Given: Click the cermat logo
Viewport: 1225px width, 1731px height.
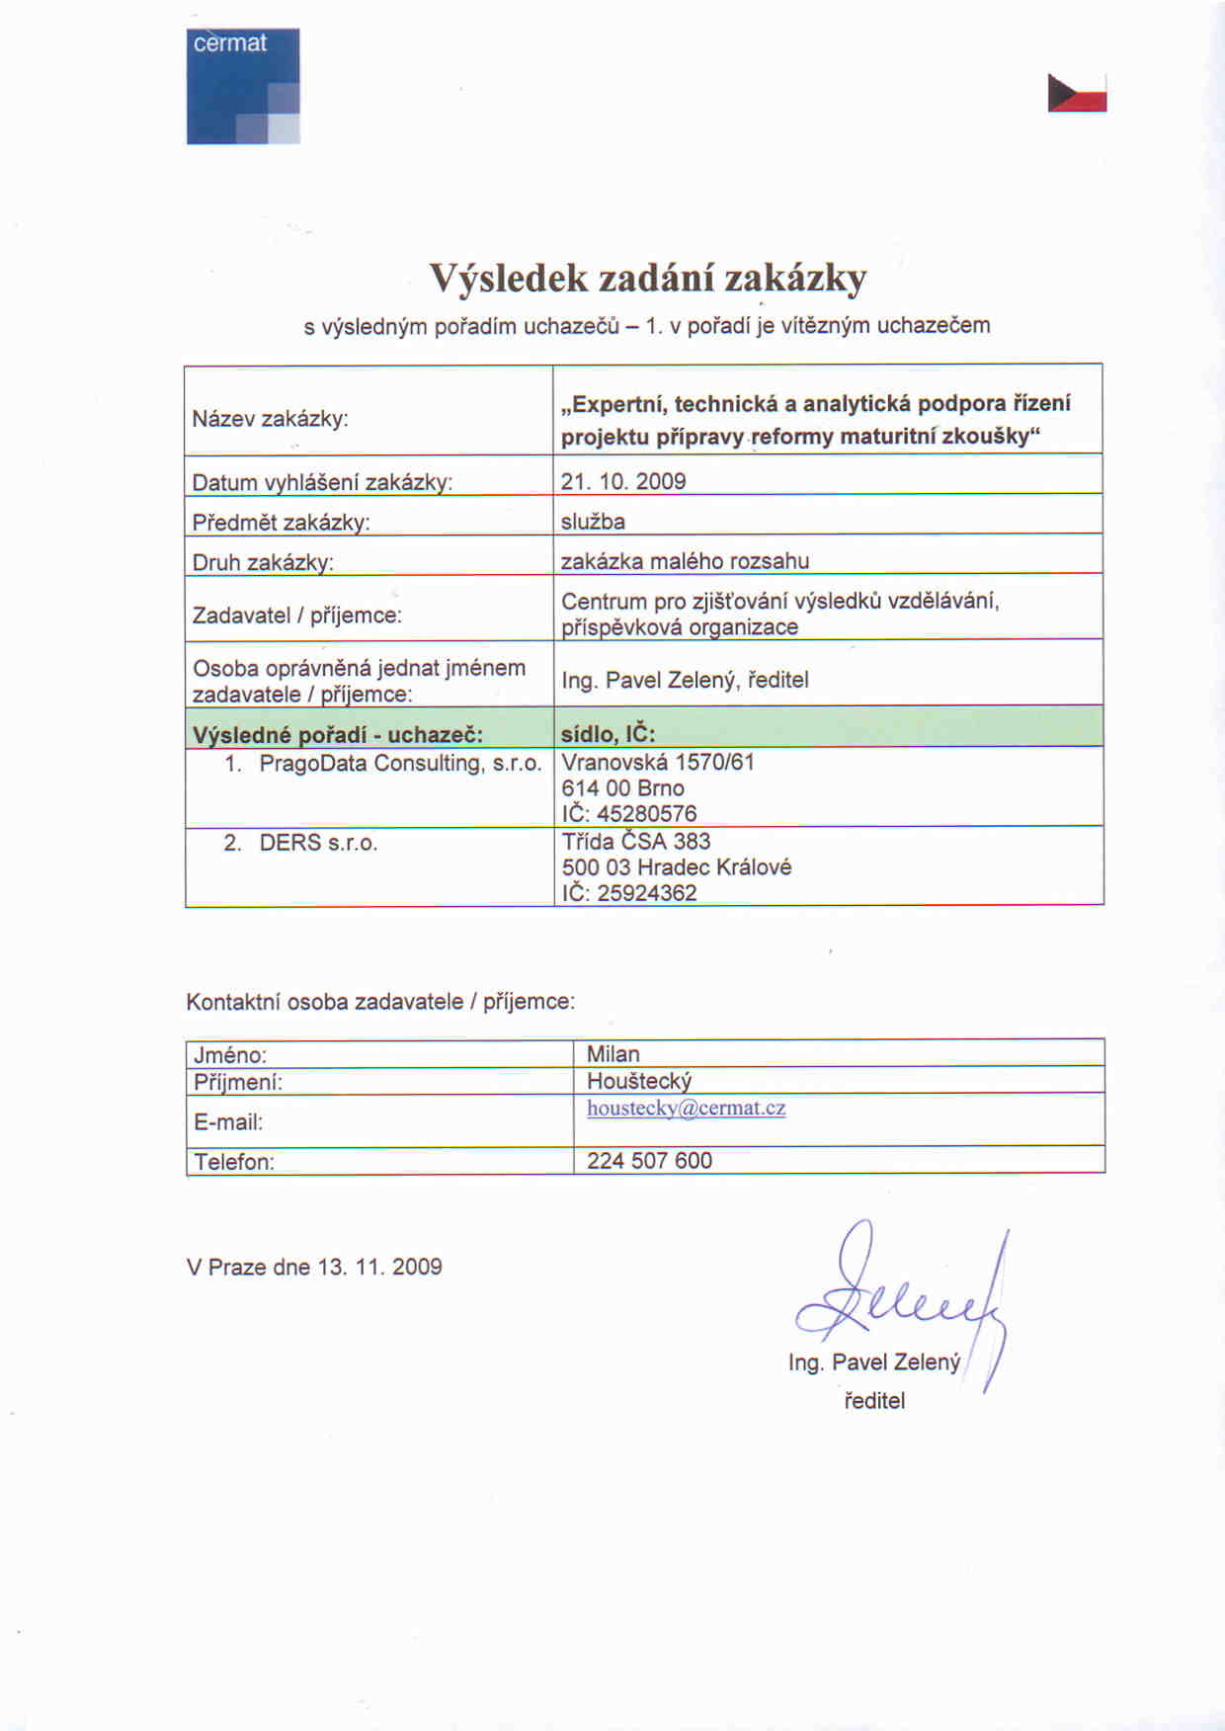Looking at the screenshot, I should click(243, 86).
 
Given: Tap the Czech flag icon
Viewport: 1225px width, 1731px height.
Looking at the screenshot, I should click(1077, 93).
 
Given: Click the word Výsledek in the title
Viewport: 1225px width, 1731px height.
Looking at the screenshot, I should click(508, 279).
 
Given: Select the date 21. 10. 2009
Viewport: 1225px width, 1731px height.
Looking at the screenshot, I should click(623, 481).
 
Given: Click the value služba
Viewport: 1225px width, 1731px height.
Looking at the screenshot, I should click(593, 521).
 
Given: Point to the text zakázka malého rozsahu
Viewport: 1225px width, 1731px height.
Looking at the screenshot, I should click(685, 561).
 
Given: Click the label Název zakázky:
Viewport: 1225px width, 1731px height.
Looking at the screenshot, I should click(270, 418).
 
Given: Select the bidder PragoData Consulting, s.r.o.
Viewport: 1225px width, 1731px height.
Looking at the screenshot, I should click(400, 763).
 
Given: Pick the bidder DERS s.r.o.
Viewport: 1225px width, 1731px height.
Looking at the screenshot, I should click(318, 843).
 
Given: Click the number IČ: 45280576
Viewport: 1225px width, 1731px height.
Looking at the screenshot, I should click(629, 813).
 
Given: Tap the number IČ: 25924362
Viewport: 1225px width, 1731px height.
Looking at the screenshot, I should click(629, 892).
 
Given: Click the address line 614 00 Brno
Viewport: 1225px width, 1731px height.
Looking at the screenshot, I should click(622, 787).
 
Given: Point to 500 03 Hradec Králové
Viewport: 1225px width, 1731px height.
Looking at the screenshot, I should click(677, 866).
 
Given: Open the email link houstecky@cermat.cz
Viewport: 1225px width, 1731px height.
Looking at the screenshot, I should click(687, 1108).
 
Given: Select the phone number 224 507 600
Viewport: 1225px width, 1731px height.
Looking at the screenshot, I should click(649, 1160).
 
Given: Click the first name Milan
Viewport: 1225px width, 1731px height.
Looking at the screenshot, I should click(612, 1054).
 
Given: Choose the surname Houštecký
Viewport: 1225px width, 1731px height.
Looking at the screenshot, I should click(639, 1081).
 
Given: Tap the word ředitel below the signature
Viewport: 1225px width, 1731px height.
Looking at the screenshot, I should click(874, 1400).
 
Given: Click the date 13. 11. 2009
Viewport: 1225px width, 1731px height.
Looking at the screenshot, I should click(379, 1267).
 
